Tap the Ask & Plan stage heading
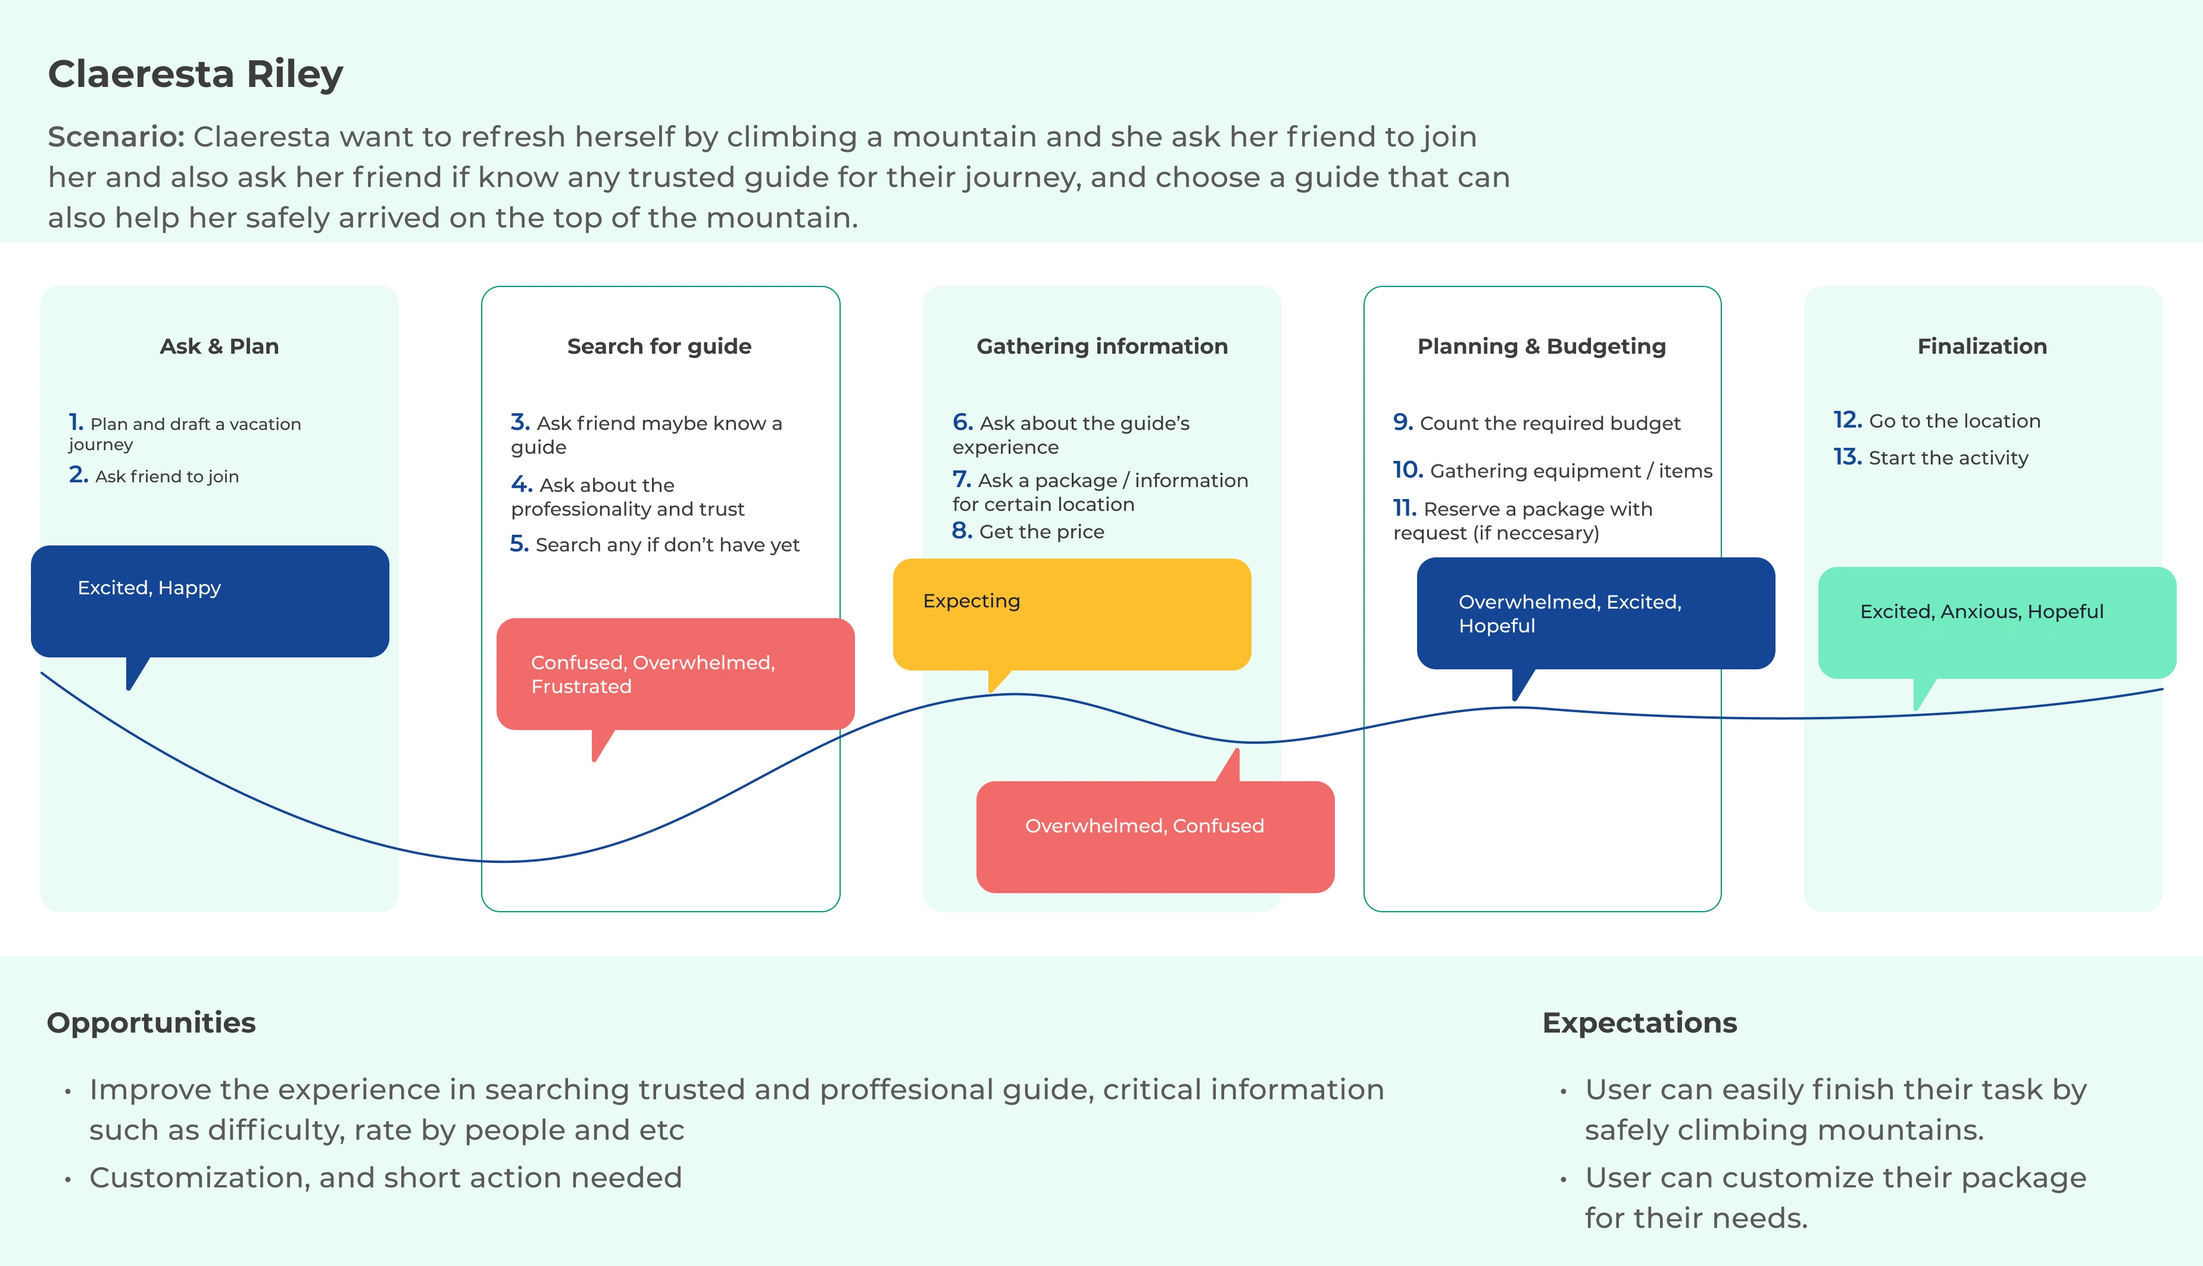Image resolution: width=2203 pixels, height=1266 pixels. (x=219, y=346)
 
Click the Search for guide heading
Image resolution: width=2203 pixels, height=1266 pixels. (x=659, y=346)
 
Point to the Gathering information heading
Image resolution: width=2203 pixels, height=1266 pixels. (x=1102, y=346)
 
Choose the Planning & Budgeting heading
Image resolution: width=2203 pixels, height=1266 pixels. (x=1542, y=346)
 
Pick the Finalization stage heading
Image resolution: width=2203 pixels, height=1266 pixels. (x=1982, y=346)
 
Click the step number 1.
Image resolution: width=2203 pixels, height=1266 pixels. (x=76, y=423)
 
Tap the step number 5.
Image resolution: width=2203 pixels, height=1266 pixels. (x=519, y=544)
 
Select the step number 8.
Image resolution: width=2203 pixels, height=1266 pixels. (x=962, y=531)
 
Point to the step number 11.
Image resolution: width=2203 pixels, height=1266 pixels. (x=1404, y=508)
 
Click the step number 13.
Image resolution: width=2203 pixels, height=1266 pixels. (x=1848, y=457)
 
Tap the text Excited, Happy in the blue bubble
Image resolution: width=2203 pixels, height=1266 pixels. (x=149, y=588)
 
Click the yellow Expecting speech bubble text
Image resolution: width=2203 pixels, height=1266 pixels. (x=971, y=601)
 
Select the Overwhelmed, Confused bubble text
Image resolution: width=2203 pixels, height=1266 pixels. (x=1144, y=825)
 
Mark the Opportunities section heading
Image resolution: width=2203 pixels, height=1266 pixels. (x=151, y=1022)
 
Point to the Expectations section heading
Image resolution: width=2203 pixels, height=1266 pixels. (x=1640, y=1022)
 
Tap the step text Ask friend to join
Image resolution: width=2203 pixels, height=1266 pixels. (x=167, y=476)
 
